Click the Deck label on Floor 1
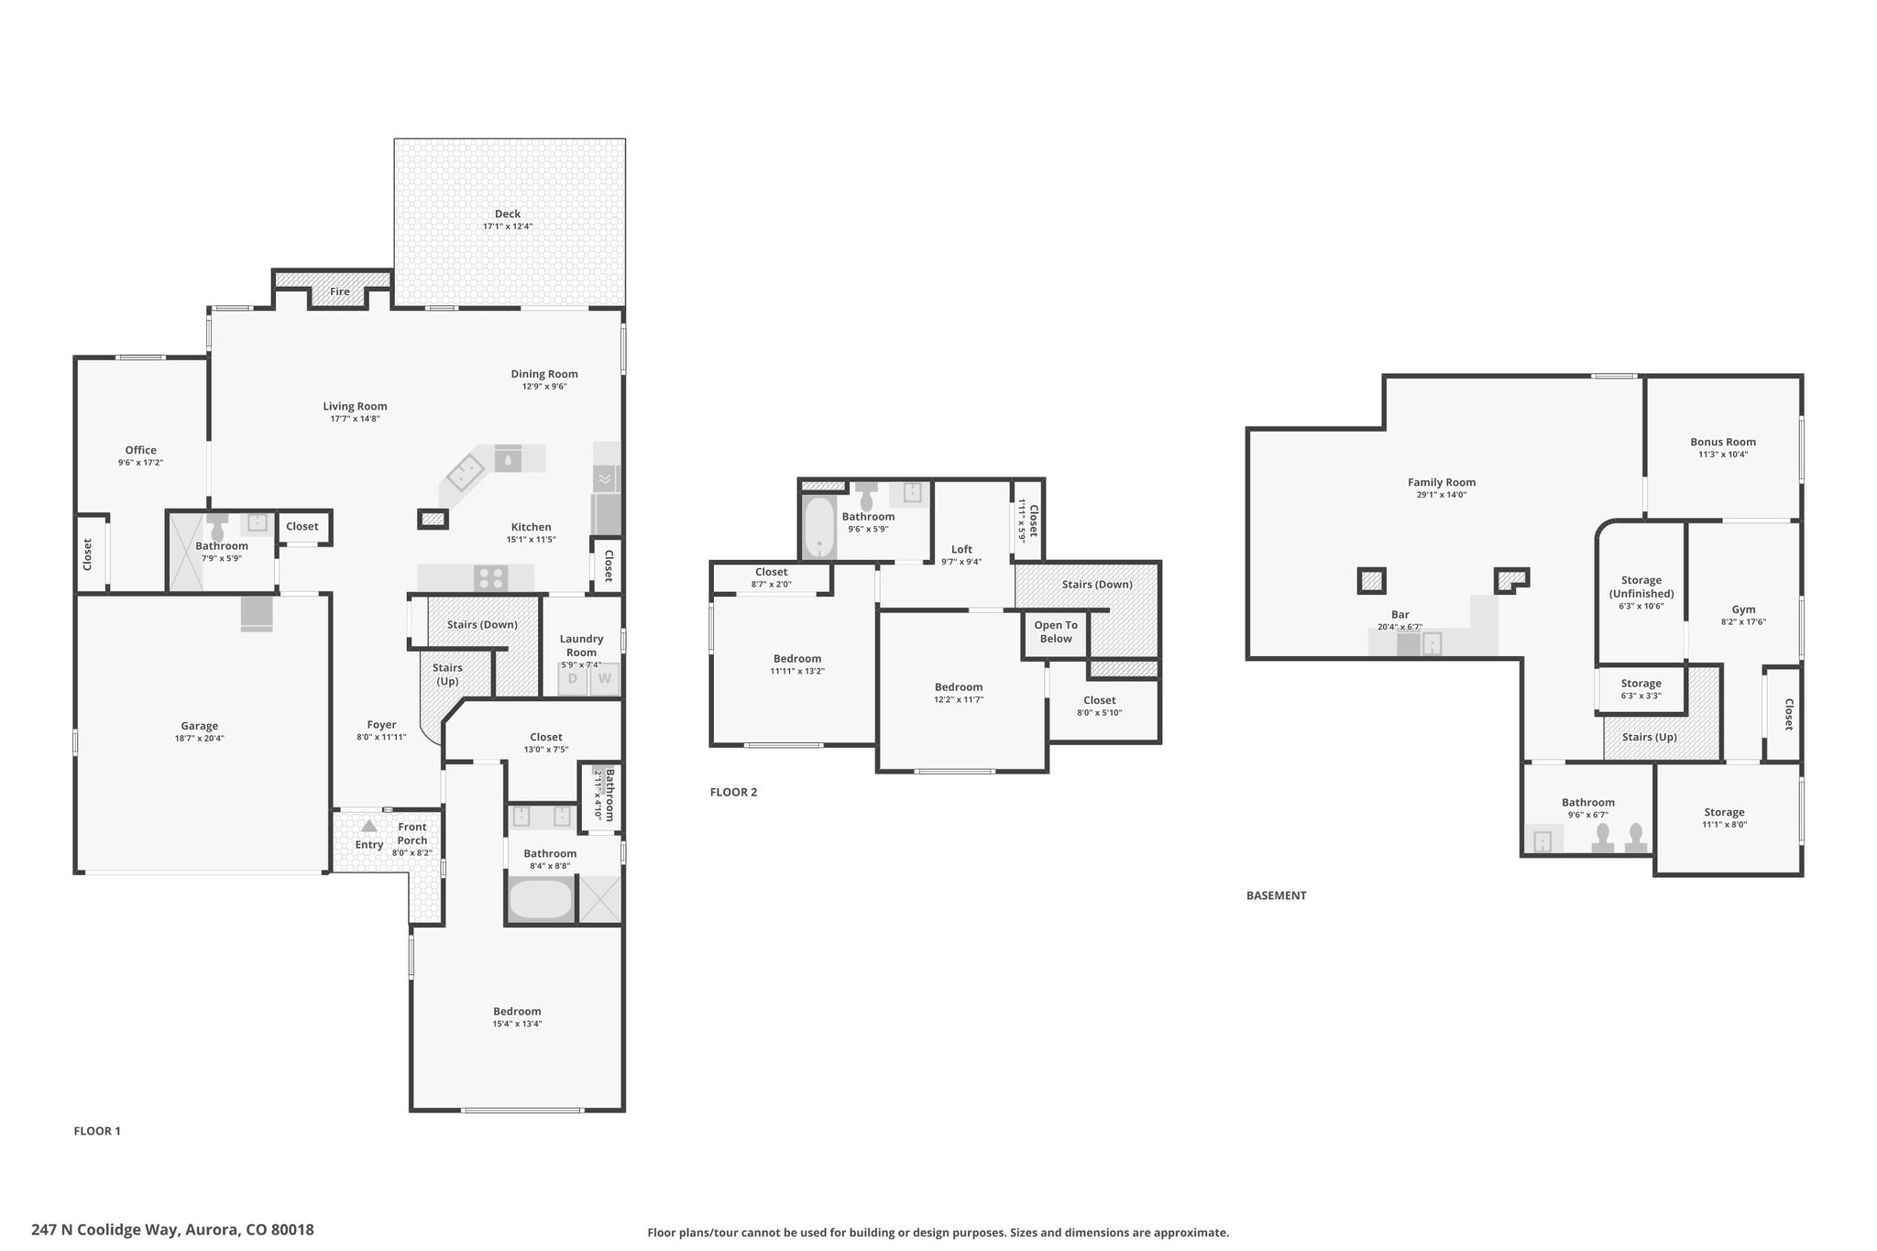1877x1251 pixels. tap(508, 214)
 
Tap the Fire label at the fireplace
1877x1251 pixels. tap(340, 291)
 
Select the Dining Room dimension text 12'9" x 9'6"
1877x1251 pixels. tap(544, 387)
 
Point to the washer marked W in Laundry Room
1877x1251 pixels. tap(605, 679)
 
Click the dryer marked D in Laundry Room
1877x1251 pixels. tap(574, 679)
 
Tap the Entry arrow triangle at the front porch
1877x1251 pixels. tap(368, 826)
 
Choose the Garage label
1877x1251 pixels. tap(199, 726)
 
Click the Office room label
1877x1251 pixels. tap(141, 450)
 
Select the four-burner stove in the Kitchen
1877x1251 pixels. tap(490, 578)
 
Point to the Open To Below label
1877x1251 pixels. tap(1056, 631)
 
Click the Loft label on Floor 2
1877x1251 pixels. tap(961, 549)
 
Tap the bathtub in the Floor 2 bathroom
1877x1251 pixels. tap(818, 527)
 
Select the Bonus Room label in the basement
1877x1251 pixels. tap(1723, 442)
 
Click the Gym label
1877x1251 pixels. tap(1743, 609)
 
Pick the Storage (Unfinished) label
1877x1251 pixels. tap(1641, 587)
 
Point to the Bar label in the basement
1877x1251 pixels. tap(1400, 615)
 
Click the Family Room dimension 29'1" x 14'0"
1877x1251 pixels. tap(1442, 495)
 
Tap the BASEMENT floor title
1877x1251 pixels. tap(1276, 895)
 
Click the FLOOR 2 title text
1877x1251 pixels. tap(733, 792)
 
